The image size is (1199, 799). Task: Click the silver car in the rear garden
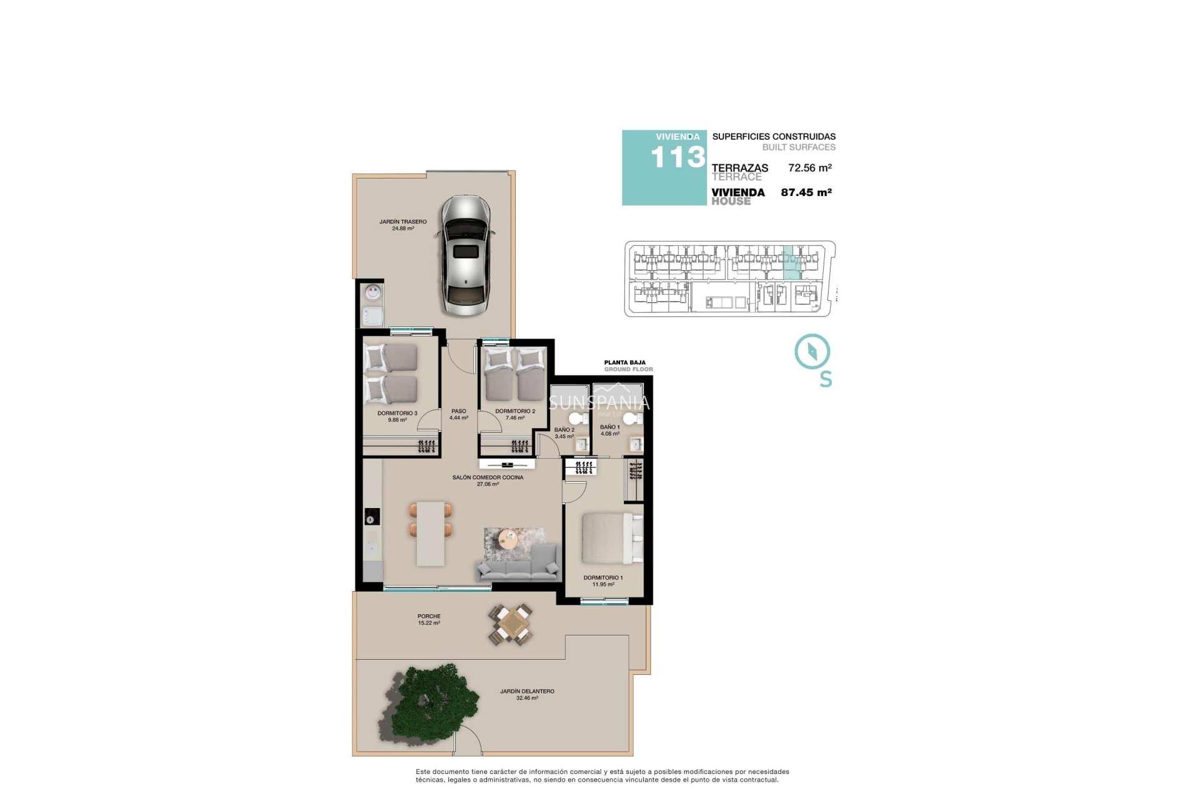click(466, 256)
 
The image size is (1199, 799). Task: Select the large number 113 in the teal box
click(678, 157)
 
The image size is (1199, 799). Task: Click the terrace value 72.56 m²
click(809, 168)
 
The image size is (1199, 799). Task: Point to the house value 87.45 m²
click(806, 192)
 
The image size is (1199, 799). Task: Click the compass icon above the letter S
click(812, 351)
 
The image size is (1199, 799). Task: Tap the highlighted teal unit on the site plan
click(792, 263)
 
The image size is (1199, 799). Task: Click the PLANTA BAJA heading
click(624, 363)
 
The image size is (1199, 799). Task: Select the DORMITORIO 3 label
click(397, 413)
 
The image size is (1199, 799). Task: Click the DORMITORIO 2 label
click(515, 411)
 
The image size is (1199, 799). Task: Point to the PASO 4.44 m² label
click(458, 414)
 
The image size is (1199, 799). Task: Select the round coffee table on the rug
click(508, 537)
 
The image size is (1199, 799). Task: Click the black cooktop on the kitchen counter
click(372, 517)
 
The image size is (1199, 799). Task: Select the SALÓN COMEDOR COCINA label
click(488, 478)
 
